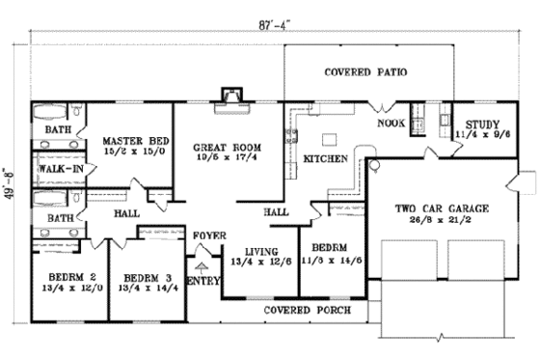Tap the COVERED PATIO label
[364, 72]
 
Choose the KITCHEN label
[318, 157]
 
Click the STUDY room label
[481, 125]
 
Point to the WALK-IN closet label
[57, 169]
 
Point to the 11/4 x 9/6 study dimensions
[481, 136]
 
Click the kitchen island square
[329, 137]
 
